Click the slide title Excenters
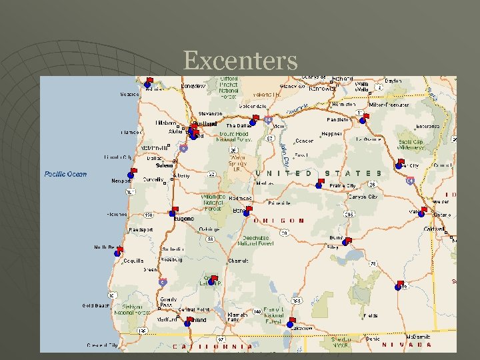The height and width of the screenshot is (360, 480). [x=240, y=61]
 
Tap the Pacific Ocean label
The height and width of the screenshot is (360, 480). [x=65, y=174]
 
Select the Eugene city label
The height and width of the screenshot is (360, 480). [x=184, y=219]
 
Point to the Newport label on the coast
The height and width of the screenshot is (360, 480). [x=121, y=181]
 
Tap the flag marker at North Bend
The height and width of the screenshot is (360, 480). [x=119, y=251]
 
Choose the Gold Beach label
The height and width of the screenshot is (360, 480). [x=95, y=305]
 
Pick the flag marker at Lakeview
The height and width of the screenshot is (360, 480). [x=291, y=323]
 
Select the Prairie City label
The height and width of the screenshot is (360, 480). [x=343, y=186]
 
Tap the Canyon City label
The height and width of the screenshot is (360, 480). [x=364, y=197]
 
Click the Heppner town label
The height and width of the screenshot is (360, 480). [x=332, y=133]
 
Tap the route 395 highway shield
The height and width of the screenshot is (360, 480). [x=349, y=215]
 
